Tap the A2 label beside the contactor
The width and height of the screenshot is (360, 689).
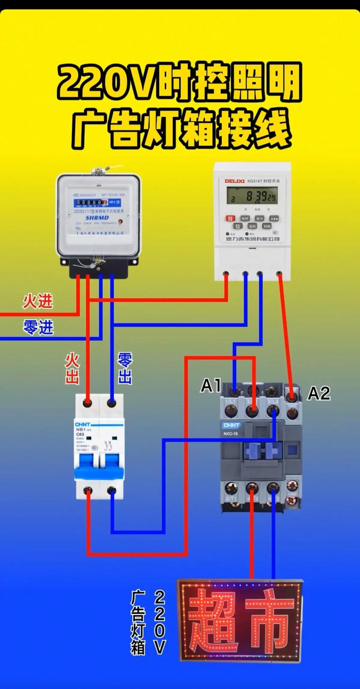pyautogui.click(x=319, y=394)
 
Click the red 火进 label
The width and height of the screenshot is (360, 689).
pyautogui.click(x=38, y=302)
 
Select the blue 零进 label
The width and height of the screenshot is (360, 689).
pyautogui.click(x=38, y=327)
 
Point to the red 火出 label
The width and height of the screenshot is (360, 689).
pyautogui.click(x=72, y=369)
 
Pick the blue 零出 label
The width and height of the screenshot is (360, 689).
pyautogui.click(x=125, y=369)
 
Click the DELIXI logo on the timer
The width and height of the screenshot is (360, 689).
pyautogui.click(x=234, y=181)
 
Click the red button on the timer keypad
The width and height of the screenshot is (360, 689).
pyautogui.click(x=231, y=218)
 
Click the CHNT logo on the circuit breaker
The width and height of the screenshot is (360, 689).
pyautogui.click(x=82, y=424)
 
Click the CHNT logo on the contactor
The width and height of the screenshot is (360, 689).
pyautogui.click(x=231, y=425)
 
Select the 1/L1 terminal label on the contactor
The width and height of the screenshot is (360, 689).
pyautogui.click(x=230, y=401)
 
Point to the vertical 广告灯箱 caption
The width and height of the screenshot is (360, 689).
pyautogui.click(x=138, y=623)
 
